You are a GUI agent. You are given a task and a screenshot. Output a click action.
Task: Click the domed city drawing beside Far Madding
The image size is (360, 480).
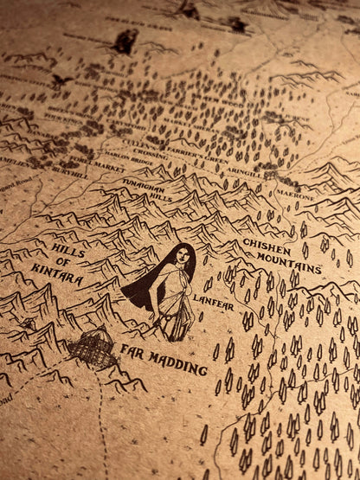pos(93,348)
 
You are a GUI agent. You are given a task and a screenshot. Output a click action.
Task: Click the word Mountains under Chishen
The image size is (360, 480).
pos(289,264)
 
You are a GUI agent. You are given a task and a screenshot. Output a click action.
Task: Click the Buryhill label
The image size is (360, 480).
pos(70,173)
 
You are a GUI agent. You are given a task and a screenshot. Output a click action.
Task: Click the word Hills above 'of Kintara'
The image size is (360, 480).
pos(68,251)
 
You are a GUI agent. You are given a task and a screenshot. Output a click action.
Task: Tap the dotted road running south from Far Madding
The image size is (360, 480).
pos(104,424)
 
